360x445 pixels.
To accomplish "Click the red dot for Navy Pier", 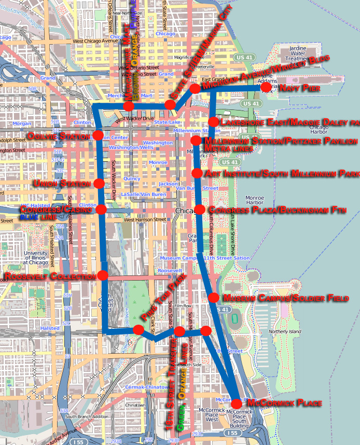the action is pos(266,87).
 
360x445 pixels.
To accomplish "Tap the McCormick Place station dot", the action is pos(236,404).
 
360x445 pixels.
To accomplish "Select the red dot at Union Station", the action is pos(99,183).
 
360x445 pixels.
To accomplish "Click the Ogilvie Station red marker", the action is pos(98,135).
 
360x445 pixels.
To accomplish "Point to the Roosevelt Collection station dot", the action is pos(102,275).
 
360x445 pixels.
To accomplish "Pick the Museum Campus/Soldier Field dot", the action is pos(213,298).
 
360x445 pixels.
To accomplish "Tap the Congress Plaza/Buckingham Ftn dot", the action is pos(199,210).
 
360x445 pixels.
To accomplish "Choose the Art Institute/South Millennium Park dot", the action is pos(197,173).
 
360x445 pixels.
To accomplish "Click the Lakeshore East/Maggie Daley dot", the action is pos(213,121).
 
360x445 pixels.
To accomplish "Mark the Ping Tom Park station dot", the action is pos(139,329).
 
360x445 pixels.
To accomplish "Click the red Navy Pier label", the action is pos(299,89).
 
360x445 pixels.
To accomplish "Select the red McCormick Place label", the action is pos(284,403).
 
